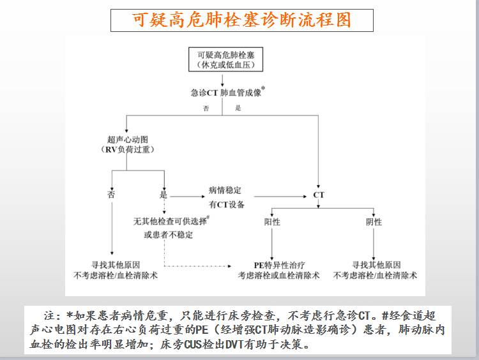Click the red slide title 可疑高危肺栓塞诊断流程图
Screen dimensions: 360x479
pos(241,20)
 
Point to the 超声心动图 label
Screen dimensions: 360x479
pos(127,139)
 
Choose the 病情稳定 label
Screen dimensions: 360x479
pos(225,191)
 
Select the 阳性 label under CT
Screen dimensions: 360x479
pos(272,221)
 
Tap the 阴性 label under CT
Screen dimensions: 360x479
pos(374,221)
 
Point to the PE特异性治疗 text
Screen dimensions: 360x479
pos(279,264)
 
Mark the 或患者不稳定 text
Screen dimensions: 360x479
pos(168,234)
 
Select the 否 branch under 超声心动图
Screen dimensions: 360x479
pos(112,194)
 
